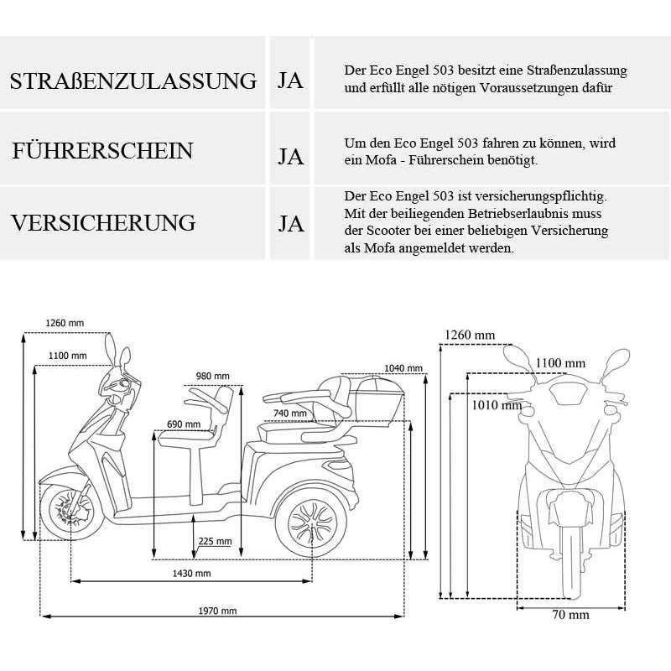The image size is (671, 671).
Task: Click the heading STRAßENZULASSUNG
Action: pyautogui.click(x=133, y=81)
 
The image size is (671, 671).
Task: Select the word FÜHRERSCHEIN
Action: pyautogui.click(x=102, y=152)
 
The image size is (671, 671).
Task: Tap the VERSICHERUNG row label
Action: pyautogui.click(x=102, y=223)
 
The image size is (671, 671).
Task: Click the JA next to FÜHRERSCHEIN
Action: pyautogui.click(x=290, y=157)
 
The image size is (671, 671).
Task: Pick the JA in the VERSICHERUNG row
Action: pyautogui.click(x=290, y=224)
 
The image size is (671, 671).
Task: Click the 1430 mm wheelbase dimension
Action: pyautogui.click(x=190, y=573)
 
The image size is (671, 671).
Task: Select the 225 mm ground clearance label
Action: pyautogui.click(x=215, y=541)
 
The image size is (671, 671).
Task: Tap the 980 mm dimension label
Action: pyautogui.click(x=212, y=375)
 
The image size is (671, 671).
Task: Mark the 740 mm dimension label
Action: pyautogui.click(x=289, y=413)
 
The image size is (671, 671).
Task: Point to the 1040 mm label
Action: pyautogui.click(x=400, y=368)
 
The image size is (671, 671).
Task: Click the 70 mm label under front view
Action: pyautogui.click(x=571, y=615)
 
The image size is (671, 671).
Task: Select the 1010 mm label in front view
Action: pyautogui.click(x=497, y=405)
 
